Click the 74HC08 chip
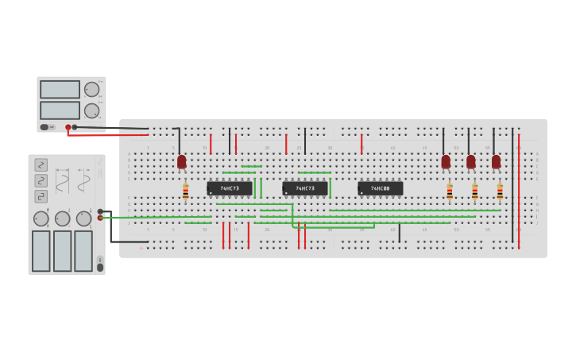(x=380, y=188)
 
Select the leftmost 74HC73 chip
(x=230, y=188)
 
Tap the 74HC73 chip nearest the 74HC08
(x=305, y=188)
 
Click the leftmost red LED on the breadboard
(x=182, y=162)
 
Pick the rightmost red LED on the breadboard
(x=497, y=162)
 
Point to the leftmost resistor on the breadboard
(x=186, y=192)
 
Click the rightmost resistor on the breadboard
(x=500, y=192)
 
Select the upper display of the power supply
(x=60, y=89)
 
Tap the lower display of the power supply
(x=60, y=110)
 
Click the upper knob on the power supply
(x=92, y=89)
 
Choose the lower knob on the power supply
(x=92, y=110)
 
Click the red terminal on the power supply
(x=68, y=127)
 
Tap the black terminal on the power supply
(x=75, y=127)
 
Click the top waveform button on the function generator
(x=41, y=165)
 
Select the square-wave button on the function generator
(x=41, y=196)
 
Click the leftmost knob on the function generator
(x=41, y=219)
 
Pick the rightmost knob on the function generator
(x=83, y=219)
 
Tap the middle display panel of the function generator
(x=62, y=251)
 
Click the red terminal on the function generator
(x=100, y=218)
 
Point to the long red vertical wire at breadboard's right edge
(x=519, y=191)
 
